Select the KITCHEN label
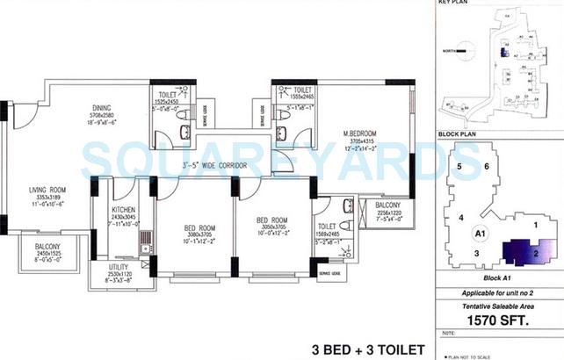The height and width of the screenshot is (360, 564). [123, 210]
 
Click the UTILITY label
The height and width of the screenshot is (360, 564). [119, 266]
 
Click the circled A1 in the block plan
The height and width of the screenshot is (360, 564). [480, 234]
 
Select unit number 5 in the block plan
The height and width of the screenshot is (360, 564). [458, 165]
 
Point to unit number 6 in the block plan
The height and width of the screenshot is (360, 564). [486, 166]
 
